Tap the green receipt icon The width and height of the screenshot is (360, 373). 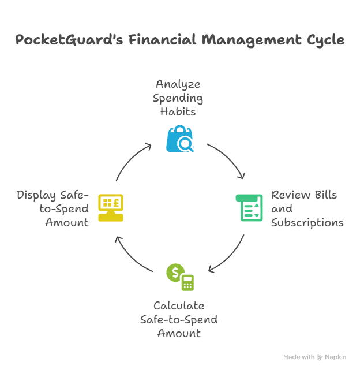[x=249, y=208]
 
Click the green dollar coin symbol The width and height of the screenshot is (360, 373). [x=174, y=273]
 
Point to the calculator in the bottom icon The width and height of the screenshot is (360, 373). [x=187, y=282]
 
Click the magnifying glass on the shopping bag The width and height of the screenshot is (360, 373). [x=186, y=144]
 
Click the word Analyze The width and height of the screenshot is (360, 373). [x=178, y=85]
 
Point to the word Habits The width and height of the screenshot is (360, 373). [x=178, y=112]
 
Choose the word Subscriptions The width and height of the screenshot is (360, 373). [x=307, y=223]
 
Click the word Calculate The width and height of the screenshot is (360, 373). [x=179, y=306]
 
